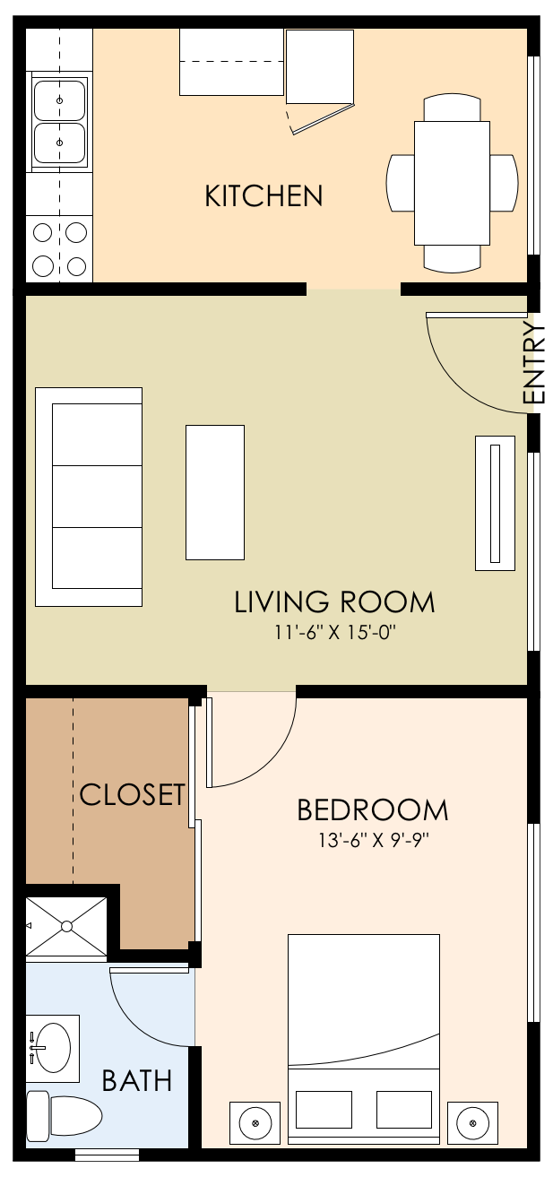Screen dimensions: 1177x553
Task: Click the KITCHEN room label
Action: coord(264,195)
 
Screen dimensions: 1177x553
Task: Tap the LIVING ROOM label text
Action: coord(334,601)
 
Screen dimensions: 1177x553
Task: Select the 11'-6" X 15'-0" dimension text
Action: coord(334,632)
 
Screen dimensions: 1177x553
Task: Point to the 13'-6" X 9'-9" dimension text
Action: coord(371,841)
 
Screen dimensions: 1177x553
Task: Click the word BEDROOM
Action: coord(372,810)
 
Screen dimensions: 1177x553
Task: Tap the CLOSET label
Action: coord(132,794)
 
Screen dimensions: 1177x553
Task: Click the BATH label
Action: coord(136,1080)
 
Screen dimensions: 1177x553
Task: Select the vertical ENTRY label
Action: coord(534,363)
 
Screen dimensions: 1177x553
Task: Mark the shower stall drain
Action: coord(67,924)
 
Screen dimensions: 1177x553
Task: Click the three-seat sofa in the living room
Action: coord(89,497)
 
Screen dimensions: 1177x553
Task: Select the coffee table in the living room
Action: coord(215,492)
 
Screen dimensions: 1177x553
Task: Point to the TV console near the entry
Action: coord(495,503)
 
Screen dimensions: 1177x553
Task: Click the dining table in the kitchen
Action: coord(452,182)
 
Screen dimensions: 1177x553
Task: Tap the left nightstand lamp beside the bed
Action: coord(255,1122)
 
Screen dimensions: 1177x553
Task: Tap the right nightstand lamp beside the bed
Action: coord(471,1122)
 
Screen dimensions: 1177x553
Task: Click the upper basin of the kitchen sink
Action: coord(60,100)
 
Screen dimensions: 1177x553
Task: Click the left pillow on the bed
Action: coord(324,1110)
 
